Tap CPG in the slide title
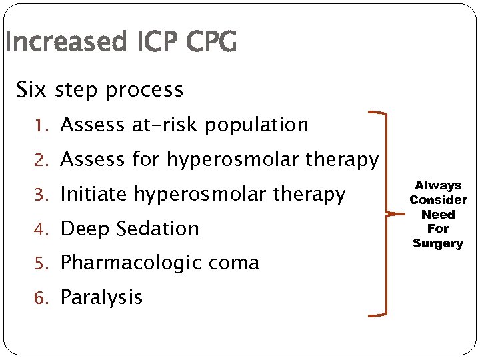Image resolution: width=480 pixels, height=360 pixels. pyautogui.click(x=211, y=43)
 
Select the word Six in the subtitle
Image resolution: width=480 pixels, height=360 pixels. pyautogui.click(x=31, y=89)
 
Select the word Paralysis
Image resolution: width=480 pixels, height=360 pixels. pyautogui.click(x=101, y=297)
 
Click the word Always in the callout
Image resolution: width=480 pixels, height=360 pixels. pyautogui.click(x=438, y=185)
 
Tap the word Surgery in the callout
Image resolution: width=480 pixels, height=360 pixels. pyautogui.click(x=438, y=243)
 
